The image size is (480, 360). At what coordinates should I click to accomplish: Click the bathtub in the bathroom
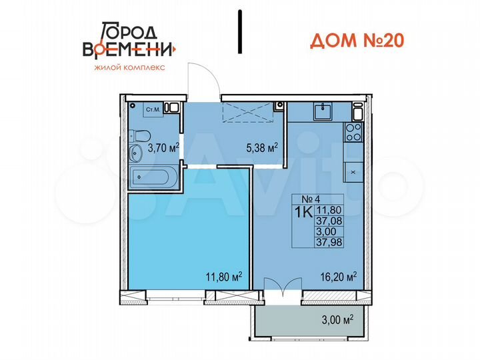(x=153, y=178)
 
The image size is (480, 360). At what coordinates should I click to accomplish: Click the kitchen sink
(x=325, y=111)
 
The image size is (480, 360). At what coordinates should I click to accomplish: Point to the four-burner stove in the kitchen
(x=353, y=132)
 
